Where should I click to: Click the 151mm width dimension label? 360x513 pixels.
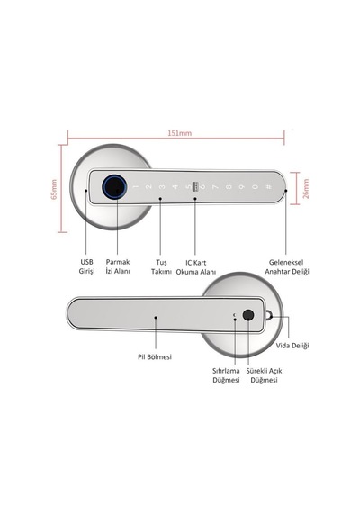(179, 133)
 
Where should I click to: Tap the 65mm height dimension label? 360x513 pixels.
(54, 189)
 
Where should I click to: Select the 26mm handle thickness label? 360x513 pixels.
(306, 188)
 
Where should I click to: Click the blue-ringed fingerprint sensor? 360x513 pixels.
(114, 187)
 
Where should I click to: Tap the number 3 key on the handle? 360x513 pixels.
(162, 187)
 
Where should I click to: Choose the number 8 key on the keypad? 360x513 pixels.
(229, 187)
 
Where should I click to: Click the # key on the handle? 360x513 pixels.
(268, 187)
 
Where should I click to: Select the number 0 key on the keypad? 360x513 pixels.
(255, 187)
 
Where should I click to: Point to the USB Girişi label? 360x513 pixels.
(86, 266)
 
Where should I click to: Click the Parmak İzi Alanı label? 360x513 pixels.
(118, 266)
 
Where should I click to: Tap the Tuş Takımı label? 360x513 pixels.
(161, 267)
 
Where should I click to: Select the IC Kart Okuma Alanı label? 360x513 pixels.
(196, 267)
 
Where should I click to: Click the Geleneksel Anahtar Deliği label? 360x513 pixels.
(287, 266)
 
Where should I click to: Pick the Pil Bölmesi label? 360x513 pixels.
(155, 357)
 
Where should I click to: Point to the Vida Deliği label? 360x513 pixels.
(292, 346)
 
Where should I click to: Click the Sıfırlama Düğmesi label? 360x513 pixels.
(226, 375)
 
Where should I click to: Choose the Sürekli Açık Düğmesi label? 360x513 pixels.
(264, 375)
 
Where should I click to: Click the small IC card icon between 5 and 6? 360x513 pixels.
(195, 186)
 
